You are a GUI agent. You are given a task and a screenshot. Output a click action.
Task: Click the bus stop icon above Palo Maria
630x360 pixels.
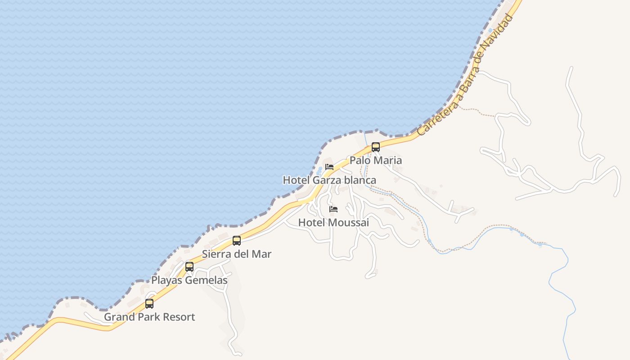tap(376, 147)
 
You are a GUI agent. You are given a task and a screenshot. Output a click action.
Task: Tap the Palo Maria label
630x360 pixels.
tap(376, 160)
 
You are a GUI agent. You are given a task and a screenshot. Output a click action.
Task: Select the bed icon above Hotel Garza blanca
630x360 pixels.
tap(329, 167)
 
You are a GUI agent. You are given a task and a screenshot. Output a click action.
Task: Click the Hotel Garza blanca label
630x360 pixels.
tap(329, 180)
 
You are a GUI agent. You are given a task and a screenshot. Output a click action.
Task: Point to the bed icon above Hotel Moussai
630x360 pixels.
tap(333, 209)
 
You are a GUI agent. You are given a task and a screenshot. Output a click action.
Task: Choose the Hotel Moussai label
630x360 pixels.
tap(333, 222)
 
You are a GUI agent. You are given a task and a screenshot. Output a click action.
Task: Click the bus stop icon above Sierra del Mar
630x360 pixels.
tap(237, 241)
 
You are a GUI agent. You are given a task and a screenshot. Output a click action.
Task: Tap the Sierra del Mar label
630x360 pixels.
tap(237, 254)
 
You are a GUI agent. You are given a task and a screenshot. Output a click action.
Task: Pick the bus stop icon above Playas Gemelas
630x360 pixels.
tap(189, 267)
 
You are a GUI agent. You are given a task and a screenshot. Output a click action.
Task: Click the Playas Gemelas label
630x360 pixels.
tap(189, 280)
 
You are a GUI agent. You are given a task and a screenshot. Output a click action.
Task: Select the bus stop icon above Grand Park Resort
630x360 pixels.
tap(149, 304)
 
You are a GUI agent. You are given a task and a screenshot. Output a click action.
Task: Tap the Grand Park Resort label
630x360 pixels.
tap(149, 317)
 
